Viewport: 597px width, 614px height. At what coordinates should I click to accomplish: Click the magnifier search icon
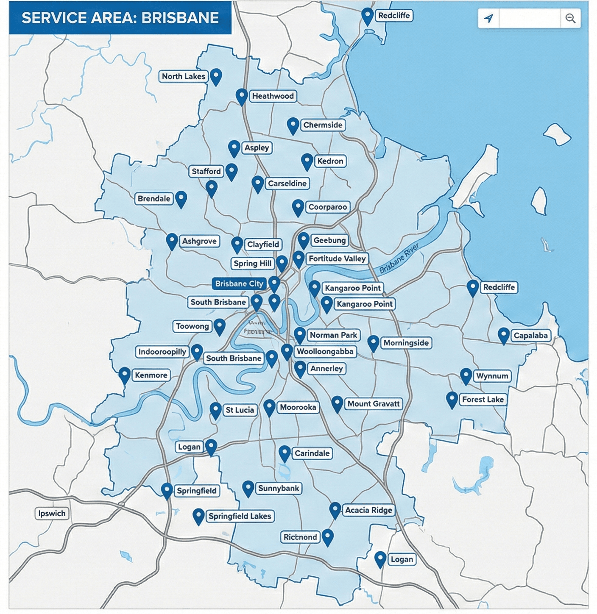pos(570,18)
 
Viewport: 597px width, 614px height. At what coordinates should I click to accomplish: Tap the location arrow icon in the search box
pos(489,18)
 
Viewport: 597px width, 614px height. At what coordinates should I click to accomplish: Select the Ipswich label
pos(52,514)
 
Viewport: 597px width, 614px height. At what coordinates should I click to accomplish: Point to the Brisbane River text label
pos(399,258)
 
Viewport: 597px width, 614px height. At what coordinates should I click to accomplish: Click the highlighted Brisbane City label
pos(239,283)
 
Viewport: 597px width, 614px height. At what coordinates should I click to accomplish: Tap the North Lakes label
pos(183,76)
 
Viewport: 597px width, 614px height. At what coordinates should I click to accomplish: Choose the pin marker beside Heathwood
pos(242,96)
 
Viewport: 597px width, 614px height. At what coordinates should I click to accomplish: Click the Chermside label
pos(323,125)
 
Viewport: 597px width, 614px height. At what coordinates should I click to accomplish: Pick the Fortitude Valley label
pos(337,258)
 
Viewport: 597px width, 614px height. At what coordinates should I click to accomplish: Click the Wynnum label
pos(492,376)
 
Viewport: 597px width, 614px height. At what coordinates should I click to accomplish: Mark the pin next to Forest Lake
pos(452,399)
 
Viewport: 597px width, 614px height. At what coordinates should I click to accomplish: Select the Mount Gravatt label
pos(374,404)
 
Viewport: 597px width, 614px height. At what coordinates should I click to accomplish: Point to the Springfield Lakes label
pos(240,516)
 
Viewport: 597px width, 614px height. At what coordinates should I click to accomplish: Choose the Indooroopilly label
pos(162,352)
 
